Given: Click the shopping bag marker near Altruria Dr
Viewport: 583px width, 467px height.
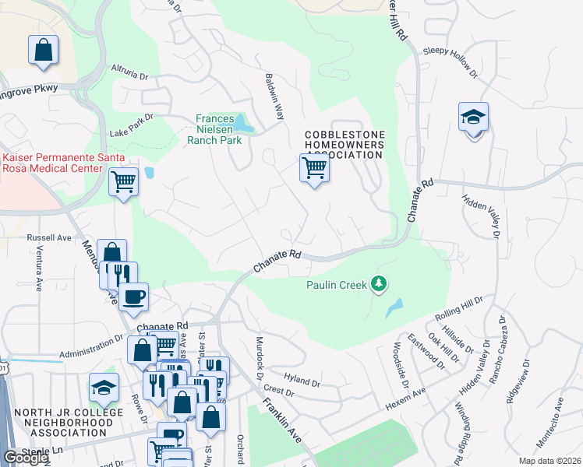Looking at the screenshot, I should tap(44, 51).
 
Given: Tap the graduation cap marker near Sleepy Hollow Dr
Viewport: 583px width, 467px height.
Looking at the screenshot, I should tap(473, 118).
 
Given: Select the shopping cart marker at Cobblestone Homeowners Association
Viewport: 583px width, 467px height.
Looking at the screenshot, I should tap(314, 168).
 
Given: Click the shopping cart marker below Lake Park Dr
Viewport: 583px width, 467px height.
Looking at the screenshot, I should tap(123, 182).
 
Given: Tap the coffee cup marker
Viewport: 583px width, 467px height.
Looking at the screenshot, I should tap(134, 296).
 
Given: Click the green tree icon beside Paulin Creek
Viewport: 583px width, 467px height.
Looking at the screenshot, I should tap(379, 284).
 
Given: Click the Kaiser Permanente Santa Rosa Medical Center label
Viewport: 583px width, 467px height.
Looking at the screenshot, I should tap(52, 163).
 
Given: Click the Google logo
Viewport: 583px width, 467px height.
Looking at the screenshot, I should tap(26, 458).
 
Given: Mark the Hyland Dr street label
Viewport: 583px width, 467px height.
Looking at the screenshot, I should tap(302, 381).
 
